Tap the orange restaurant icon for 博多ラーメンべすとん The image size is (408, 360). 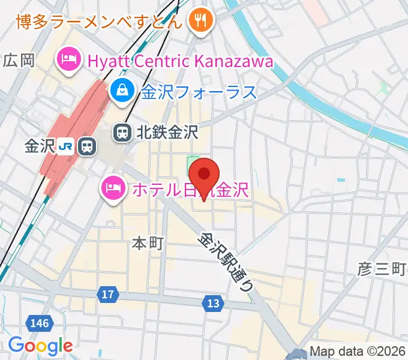[x=198, y=22]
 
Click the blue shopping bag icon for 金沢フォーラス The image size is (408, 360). [x=122, y=91]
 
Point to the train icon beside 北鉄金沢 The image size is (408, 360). [x=122, y=133]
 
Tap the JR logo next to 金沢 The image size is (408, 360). [x=67, y=146]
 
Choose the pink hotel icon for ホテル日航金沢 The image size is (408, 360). [x=112, y=190]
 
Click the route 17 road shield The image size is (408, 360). [x=107, y=295]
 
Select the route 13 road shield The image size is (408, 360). [x=213, y=304]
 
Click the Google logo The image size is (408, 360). [x=40, y=346]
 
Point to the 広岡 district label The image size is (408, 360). [x=19, y=60]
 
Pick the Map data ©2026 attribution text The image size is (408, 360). [x=358, y=352]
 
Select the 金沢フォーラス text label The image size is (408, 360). [x=199, y=92]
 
